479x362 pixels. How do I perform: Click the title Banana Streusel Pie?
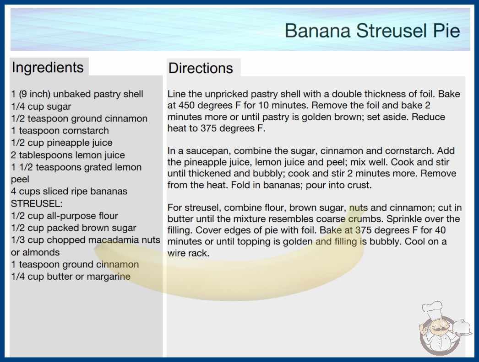372,31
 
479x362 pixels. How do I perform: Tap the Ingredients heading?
48,67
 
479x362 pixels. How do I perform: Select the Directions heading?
201,68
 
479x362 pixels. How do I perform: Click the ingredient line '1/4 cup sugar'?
41,106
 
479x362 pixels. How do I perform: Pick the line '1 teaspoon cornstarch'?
60,131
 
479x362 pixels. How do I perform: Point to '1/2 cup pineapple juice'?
62,143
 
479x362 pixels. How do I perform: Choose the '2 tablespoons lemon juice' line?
68,155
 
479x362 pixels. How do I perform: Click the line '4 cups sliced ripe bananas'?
69,192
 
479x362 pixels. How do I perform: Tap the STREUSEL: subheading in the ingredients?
37,203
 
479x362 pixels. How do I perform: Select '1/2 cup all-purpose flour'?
65,216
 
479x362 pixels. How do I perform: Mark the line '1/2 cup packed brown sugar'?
74,228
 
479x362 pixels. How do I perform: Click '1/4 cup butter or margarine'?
71,277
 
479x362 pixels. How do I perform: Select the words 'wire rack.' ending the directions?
189,253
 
